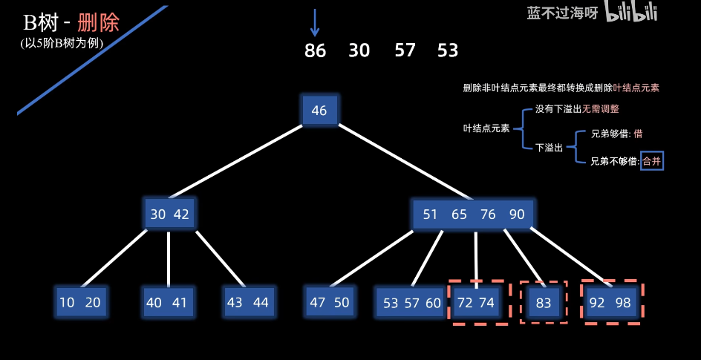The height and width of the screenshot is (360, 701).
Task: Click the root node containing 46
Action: click(x=319, y=111)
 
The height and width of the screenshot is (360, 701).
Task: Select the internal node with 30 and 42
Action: click(x=170, y=214)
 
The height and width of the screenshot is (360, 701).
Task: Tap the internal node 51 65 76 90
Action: click(x=473, y=214)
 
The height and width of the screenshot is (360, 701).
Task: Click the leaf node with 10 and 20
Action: click(x=80, y=302)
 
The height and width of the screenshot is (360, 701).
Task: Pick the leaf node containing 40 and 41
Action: click(x=168, y=302)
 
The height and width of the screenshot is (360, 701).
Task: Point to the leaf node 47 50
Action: click(x=330, y=302)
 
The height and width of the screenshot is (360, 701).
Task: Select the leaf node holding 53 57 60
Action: click(x=411, y=303)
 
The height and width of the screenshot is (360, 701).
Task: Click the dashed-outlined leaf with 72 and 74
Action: click(x=476, y=302)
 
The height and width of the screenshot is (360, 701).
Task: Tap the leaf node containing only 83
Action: click(x=544, y=302)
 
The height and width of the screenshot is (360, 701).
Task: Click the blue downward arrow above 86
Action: click(x=315, y=22)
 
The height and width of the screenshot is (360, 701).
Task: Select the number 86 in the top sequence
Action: click(x=315, y=50)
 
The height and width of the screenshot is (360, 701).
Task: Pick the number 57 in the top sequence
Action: click(x=405, y=50)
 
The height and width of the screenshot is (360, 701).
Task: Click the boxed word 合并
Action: click(x=651, y=160)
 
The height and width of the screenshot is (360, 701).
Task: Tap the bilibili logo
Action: click(x=631, y=12)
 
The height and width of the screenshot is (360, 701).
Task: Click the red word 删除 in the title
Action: click(x=98, y=22)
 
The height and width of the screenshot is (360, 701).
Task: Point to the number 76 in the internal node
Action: click(x=488, y=215)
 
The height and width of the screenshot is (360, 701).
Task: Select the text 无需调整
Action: click(x=600, y=108)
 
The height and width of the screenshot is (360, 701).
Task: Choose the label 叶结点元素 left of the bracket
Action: click(x=486, y=128)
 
